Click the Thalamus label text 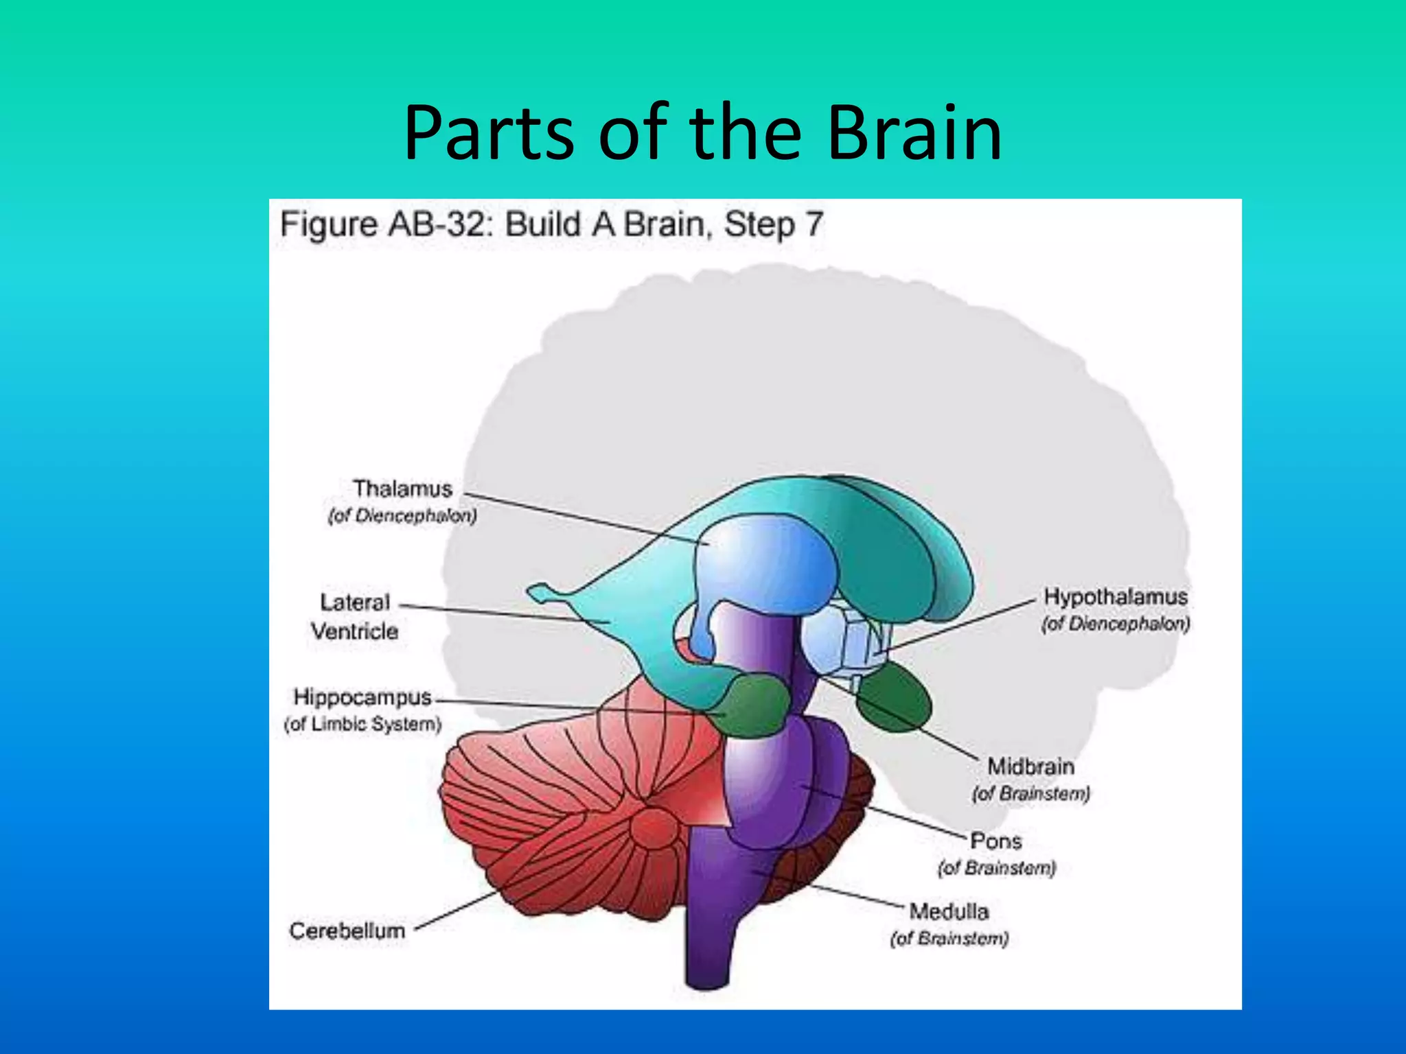click(402, 489)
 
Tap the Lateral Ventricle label click(354, 616)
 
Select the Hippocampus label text click(362, 697)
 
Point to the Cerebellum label click(347, 930)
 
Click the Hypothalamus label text click(1115, 596)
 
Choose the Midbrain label click(1030, 766)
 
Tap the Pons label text click(995, 841)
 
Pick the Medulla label click(949, 911)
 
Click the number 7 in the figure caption click(814, 224)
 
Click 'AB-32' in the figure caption click(440, 224)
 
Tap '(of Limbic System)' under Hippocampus click(362, 724)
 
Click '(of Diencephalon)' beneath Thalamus click(402, 515)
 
